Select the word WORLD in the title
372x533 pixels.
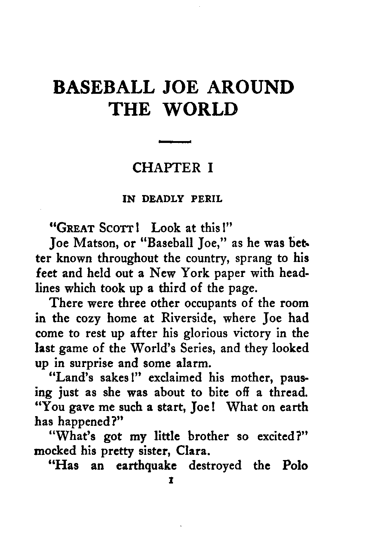pos(201,109)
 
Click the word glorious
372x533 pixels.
pos(208,333)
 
